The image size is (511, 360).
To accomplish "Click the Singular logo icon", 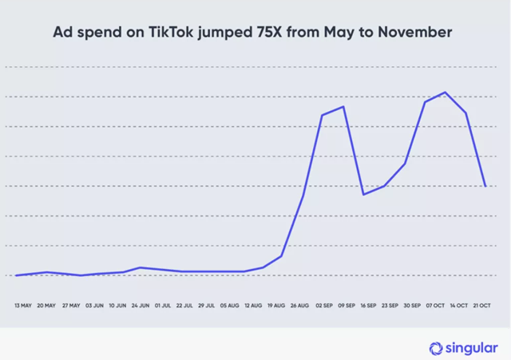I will [x=436, y=348].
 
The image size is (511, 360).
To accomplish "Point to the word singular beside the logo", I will [x=470, y=348].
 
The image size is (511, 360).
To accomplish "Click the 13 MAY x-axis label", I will [x=24, y=305].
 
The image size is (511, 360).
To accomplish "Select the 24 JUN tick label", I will [x=140, y=305].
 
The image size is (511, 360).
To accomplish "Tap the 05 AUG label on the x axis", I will [x=229, y=305].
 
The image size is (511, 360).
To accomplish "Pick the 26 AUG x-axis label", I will [x=300, y=305].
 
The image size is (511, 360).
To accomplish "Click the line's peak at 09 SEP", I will [x=343, y=106].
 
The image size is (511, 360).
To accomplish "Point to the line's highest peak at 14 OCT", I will [x=445, y=93].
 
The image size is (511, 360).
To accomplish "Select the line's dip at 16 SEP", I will [x=363, y=194].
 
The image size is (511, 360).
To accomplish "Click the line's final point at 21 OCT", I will [x=485, y=186].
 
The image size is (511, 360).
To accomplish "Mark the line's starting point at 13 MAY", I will [x=16, y=275].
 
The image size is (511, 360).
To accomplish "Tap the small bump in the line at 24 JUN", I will [x=141, y=267].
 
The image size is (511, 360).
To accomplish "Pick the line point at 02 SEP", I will [x=322, y=115].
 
